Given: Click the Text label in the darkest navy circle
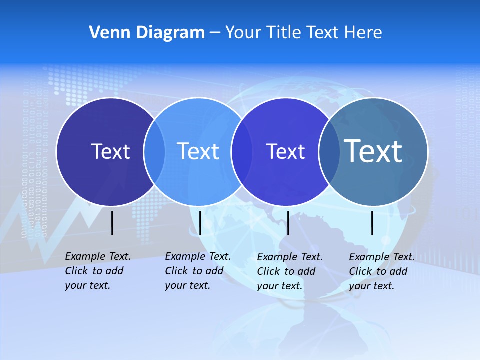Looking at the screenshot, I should click(x=110, y=151).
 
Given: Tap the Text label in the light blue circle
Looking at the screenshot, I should click(x=198, y=151).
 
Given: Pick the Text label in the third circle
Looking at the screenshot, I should click(x=286, y=151).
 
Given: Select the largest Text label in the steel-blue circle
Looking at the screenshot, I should click(x=373, y=151).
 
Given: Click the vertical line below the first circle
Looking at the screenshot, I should click(x=112, y=223).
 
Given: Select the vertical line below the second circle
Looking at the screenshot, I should click(x=200, y=223).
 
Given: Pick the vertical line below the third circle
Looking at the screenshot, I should click(x=288, y=223).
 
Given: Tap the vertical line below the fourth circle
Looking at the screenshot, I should click(x=372, y=223).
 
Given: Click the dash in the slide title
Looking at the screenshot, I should click(x=214, y=33).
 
